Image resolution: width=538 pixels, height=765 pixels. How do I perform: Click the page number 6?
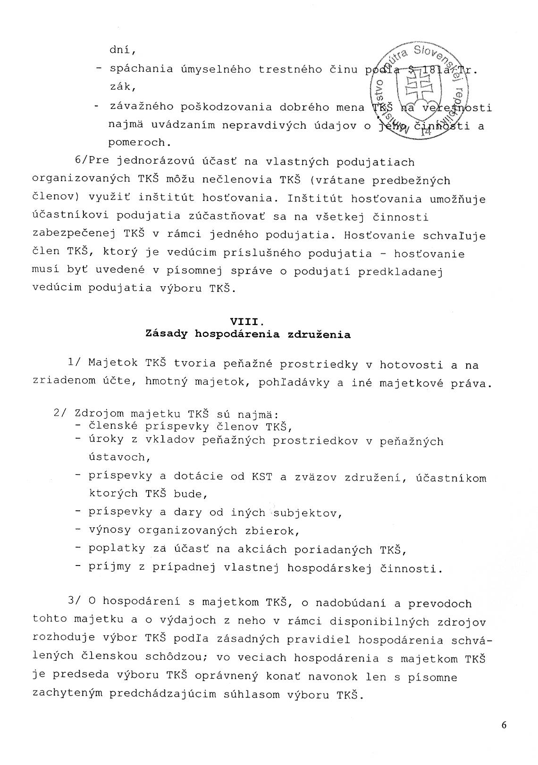[504, 739]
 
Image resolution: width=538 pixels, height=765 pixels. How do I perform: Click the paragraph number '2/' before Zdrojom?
[61, 414]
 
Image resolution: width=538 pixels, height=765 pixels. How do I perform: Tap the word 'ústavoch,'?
[120, 457]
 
